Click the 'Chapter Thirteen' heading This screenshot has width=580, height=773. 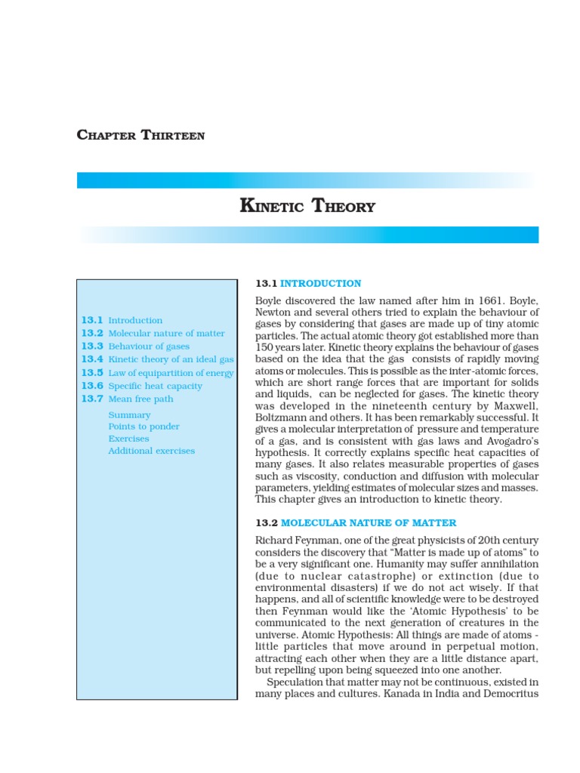[140, 136]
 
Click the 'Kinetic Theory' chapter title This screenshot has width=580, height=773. [307, 206]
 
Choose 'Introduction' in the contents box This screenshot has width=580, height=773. [135, 321]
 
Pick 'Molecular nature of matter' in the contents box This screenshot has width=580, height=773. [166, 334]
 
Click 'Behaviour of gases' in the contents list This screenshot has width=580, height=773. [149, 346]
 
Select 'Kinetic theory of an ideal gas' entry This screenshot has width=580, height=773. [171, 359]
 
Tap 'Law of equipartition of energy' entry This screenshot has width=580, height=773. [171, 373]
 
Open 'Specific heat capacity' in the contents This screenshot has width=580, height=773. [156, 386]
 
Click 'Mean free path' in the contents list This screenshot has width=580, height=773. [140, 399]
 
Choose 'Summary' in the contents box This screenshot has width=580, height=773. [129, 415]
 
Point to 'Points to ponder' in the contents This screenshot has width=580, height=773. [143, 427]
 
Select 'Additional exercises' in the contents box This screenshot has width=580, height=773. [151, 451]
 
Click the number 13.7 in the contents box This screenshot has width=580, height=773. [91, 399]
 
